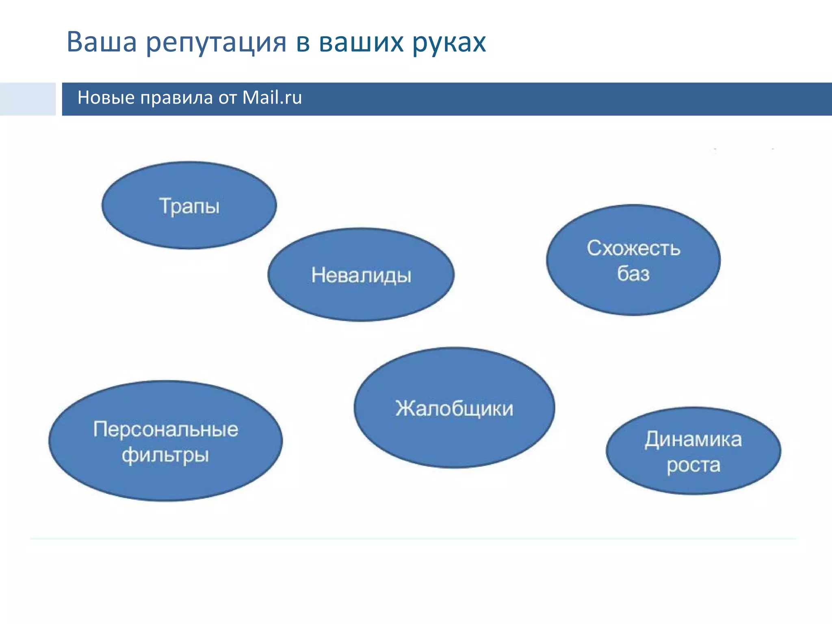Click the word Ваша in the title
pos(102,42)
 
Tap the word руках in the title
pos(448,43)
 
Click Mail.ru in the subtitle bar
pos(272,98)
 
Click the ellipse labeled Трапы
pos(189,206)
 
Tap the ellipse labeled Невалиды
pos(361,275)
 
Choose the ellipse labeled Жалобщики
pos(454,408)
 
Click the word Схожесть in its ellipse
pos(633,248)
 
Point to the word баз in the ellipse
pos(633,273)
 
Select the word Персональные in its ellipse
pos(165,429)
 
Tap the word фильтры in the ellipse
pos(165,455)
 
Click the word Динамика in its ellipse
pos(693,439)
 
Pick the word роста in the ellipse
pos(693,465)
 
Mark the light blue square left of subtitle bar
pos(28,99)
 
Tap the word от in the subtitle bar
pos(227,98)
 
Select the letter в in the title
pos(303,42)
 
